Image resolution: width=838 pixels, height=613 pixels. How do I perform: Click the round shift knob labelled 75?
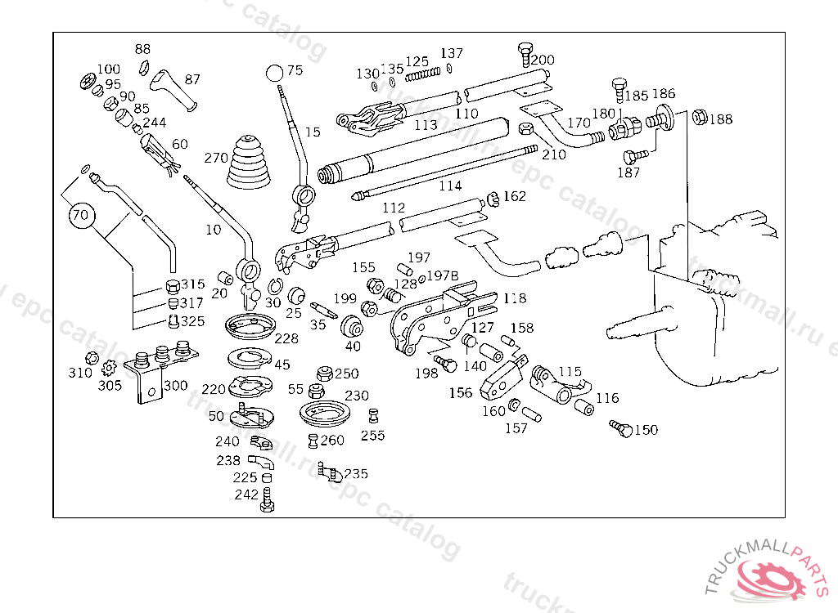[275, 72]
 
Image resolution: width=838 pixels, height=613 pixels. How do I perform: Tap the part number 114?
[450, 186]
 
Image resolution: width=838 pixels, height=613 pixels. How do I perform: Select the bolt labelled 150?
[620, 428]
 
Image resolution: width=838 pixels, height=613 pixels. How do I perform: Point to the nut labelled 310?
[92, 358]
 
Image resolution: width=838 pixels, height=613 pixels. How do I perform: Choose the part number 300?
[175, 386]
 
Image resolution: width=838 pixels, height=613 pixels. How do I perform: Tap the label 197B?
[442, 277]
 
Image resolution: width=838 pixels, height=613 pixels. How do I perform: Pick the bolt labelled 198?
[444, 363]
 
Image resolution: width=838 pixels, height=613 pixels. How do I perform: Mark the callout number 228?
[286, 338]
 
